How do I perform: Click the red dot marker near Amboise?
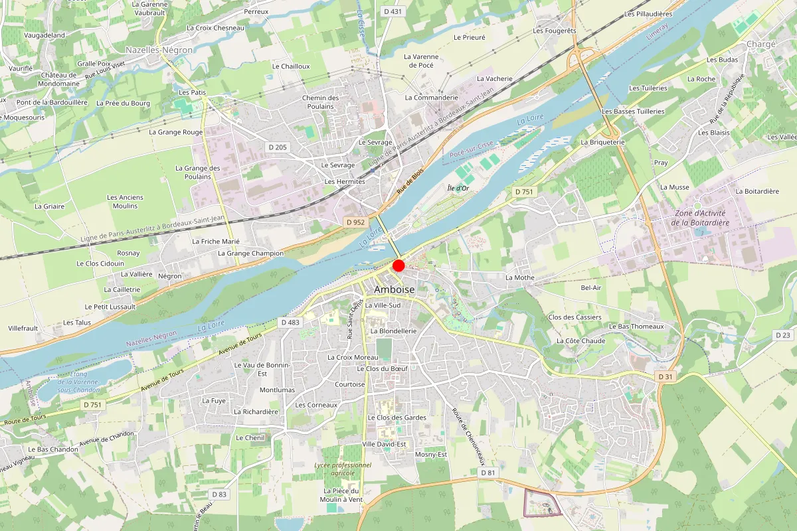pyautogui.click(x=398, y=265)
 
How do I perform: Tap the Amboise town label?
pyautogui.click(x=394, y=290)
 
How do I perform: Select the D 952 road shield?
pyautogui.click(x=355, y=222)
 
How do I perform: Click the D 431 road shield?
pyautogui.click(x=393, y=11)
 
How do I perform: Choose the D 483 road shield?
pyautogui.click(x=290, y=322)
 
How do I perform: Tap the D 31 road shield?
pyautogui.click(x=665, y=376)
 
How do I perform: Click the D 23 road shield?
pyautogui.click(x=783, y=335)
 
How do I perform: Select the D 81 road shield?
pyautogui.click(x=487, y=472)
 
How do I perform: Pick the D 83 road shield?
pyautogui.click(x=219, y=494)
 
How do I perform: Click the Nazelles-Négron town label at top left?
pyautogui.click(x=159, y=50)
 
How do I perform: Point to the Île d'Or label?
pyautogui.click(x=458, y=189)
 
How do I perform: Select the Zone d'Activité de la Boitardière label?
pyautogui.click(x=700, y=218)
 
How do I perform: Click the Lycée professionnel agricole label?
pyautogui.click(x=343, y=469)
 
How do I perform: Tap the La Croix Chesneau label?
pyautogui.click(x=216, y=28)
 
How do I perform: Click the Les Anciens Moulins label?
pyautogui.click(x=126, y=202)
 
